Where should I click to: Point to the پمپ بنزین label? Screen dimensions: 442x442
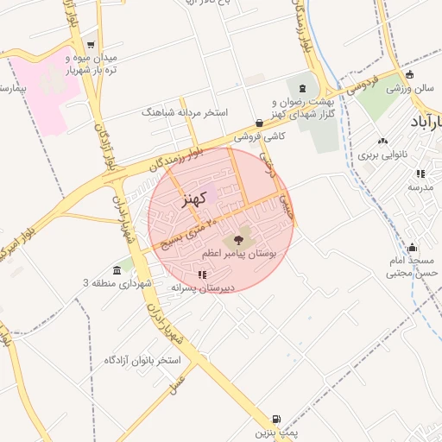coord(275,432)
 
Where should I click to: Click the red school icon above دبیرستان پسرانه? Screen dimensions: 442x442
coord(202,275)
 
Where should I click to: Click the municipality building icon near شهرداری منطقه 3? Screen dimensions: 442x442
coord(117,269)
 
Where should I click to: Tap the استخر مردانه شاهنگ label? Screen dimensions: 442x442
coord(184,112)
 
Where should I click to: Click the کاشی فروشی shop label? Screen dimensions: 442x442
coord(260,136)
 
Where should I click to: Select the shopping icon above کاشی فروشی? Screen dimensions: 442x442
coord(260,123)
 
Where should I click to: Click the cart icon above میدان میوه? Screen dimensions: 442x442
coord(91,45)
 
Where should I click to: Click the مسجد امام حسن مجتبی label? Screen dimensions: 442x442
coord(412,267)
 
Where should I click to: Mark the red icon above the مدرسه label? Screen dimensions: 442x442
coord(420,174)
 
